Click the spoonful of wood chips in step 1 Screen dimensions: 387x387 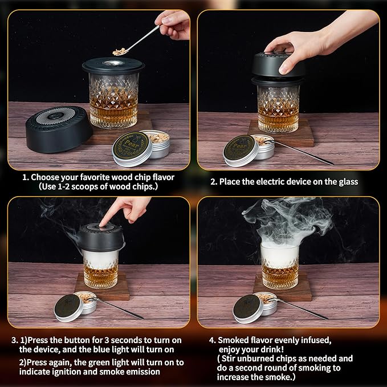120,52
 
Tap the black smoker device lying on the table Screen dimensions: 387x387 59,129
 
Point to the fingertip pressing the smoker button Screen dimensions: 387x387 101,223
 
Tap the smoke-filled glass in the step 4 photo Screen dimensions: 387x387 280,266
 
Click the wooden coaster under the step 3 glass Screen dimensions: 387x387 102,287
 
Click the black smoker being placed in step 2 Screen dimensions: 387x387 278,65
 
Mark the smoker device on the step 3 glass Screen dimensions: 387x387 101,238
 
